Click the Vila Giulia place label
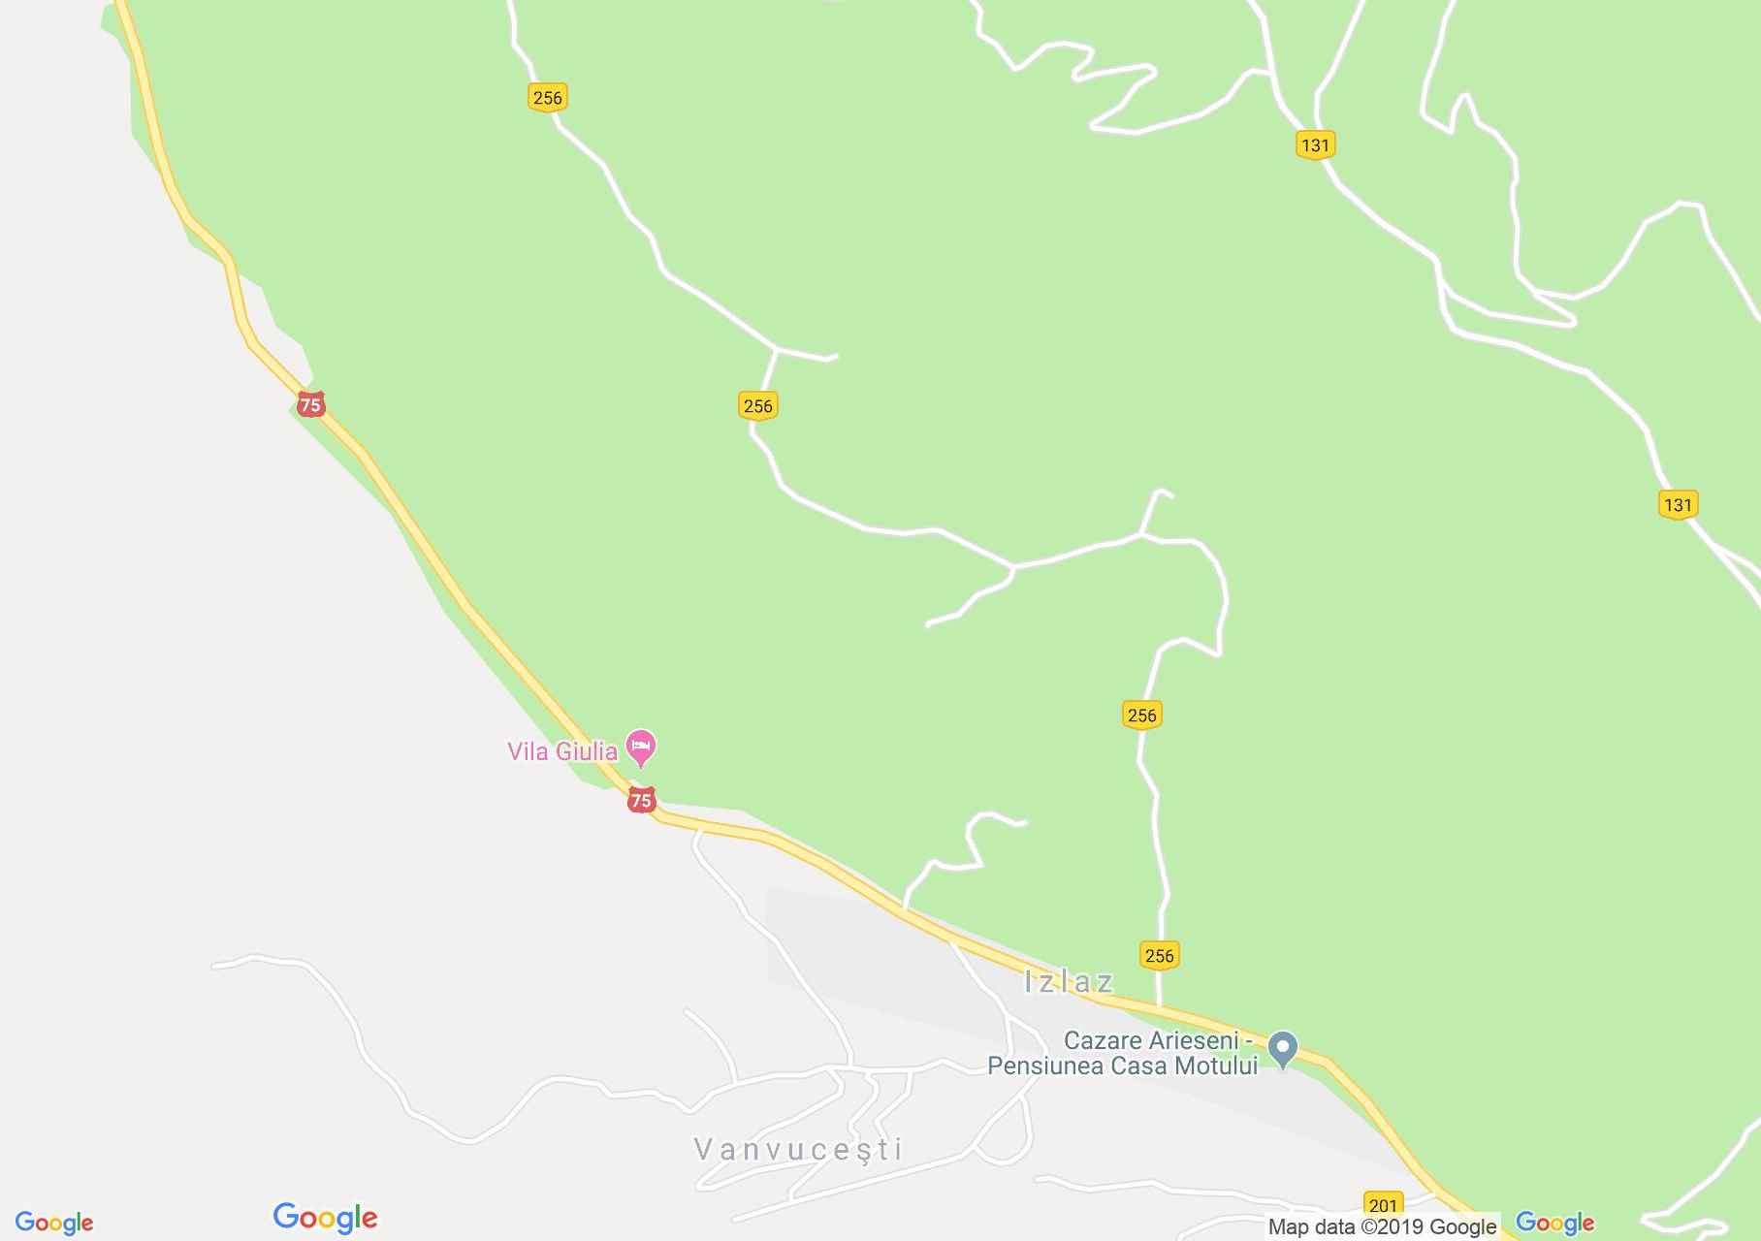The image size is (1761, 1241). tap(562, 751)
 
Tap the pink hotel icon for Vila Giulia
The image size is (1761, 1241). tap(641, 748)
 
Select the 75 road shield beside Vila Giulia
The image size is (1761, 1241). tap(641, 800)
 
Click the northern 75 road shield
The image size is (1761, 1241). tap(310, 404)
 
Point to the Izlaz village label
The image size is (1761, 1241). tap(1069, 982)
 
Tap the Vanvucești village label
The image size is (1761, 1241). tap(798, 1150)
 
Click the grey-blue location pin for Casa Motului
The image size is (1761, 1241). tap(1283, 1048)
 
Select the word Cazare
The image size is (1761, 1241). tap(1103, 1041)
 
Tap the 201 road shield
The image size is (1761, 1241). tap(1383, 1205)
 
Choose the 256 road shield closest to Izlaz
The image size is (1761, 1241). tap(1159, 955)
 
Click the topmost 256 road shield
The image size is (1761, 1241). tap(547, 97)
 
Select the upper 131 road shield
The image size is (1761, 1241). tap(1315, 145)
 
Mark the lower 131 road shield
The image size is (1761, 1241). tap(1678, 504)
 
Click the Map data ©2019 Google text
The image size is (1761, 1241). tap(1382, 1227)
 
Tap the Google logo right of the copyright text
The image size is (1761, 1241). tap(1554, 1224)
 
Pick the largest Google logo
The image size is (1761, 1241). tap(325, 1218)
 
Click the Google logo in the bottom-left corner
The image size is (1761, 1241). tap(54, 1224)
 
